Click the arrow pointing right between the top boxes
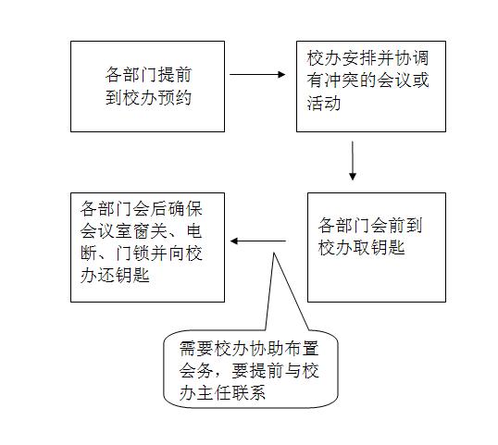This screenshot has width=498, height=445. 257,75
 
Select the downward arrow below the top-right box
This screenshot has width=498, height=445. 353,161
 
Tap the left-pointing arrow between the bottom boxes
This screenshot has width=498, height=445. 258,241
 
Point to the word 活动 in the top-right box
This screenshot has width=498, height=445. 324,104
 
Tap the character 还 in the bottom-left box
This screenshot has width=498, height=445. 106,275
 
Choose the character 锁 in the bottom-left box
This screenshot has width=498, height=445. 141,253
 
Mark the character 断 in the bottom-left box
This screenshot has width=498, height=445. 89,253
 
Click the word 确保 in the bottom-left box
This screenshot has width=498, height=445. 185,209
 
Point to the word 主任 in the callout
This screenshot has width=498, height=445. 214,392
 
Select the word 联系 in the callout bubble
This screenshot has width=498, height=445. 248,392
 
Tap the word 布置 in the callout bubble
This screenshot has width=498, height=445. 301,349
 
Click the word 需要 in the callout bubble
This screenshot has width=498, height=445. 196,349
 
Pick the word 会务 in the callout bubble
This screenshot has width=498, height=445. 196,370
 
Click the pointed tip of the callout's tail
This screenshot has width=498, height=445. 274,253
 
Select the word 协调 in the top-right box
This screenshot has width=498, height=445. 411,57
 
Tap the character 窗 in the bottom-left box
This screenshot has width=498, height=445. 141,230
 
